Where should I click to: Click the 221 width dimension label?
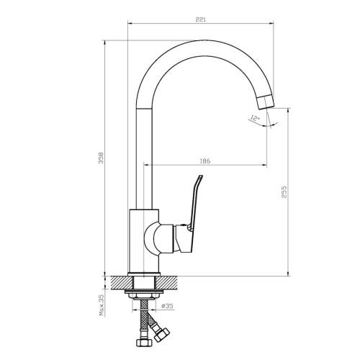(x=200, y=19)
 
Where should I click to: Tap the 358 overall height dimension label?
(x=101, y=158)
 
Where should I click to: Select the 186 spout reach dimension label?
(x=205, y=161)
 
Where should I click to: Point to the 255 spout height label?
(x=284, y=192)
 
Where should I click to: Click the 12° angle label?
(x=255, y=118)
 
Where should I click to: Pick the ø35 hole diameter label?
(x=167, y=306)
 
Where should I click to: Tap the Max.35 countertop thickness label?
(x=102, y=305)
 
